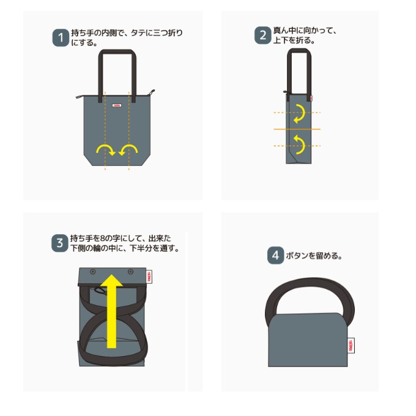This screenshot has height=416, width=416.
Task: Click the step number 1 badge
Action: tap(61, 38)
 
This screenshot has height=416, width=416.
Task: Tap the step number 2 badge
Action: tap(262, 35)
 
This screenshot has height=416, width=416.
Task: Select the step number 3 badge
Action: tap(60, 243)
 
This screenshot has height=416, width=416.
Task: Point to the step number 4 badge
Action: tap(275, 256)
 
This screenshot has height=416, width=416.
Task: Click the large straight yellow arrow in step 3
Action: tap(112, 311)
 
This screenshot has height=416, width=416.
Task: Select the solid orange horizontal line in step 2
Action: tap(297, 129)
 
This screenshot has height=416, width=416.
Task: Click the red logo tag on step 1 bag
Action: tap(117, 105)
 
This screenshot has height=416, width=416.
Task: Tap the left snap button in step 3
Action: tap(92, 272)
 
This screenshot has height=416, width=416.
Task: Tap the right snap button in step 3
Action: tap(130, 272)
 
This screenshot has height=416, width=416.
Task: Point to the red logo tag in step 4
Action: tap(351, 346)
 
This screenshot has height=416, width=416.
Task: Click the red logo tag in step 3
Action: tap(149, 277)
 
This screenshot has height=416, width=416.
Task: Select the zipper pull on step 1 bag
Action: tap(151, 93)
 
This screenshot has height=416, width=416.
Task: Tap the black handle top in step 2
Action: tap(299, 51)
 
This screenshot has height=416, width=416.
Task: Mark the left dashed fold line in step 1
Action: tap(105, 130)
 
